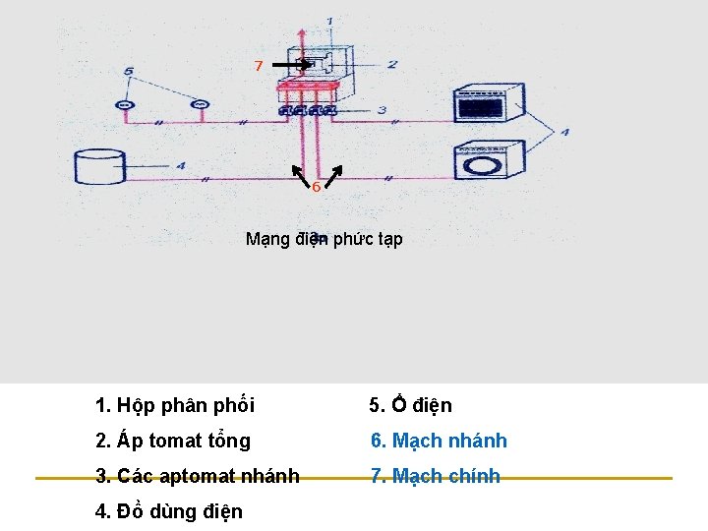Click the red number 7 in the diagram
(258, 66)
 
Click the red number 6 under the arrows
(316, 187)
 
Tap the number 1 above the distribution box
(328, 21)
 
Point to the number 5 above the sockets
(129, 71)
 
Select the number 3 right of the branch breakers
(381, 109)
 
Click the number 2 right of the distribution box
(391, 65)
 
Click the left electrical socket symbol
(124, 104)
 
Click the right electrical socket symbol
(200, 104)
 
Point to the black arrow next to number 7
(286, 65)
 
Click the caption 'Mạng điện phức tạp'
(324, 239)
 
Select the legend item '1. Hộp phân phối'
(175, 405)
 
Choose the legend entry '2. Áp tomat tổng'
(173, 441)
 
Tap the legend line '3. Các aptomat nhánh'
(198, 476)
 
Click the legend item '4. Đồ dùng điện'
(169, 511)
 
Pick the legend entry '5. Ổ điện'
(410, 405)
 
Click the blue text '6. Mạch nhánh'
(439, 441)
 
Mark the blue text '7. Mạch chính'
(435, 476)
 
